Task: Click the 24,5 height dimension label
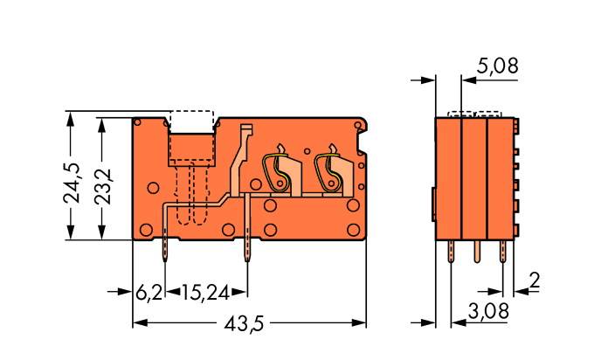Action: (73, 181)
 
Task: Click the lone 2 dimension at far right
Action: (535, 281)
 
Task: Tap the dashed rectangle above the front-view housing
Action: (191, 121)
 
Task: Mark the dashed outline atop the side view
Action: (474, 114)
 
